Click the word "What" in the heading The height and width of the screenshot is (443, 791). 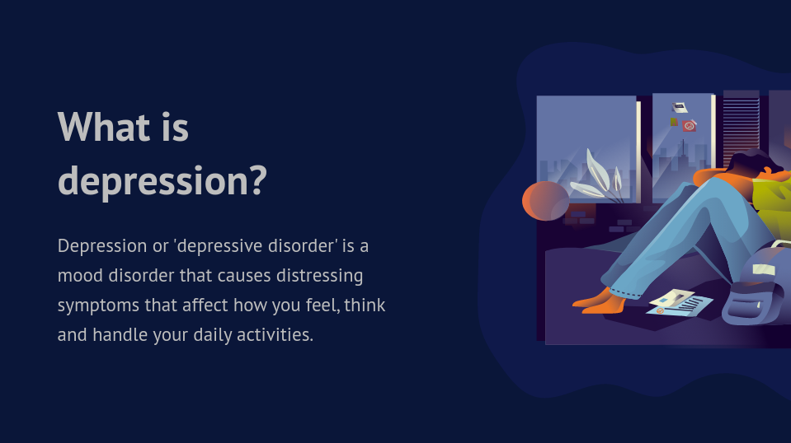[x=104, y=126]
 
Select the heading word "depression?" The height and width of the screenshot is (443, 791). [x=162, y=182]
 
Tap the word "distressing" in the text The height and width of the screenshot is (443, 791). [x=319, y=276]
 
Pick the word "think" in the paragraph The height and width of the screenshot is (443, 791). [x=365, y=305]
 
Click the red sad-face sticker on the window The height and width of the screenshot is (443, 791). [x=689, y=125]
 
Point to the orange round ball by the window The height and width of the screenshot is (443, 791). [x=546, y=201]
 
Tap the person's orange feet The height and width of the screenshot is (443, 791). [x=600, y=301]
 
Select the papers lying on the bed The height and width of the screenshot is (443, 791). [x=679, y=303]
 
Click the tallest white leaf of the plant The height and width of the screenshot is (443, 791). [x=597, y=168]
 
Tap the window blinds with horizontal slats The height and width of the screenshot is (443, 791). [x=742, y=129]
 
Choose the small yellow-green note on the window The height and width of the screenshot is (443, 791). [x=673, y=122]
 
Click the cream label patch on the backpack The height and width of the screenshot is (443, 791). [x=764, y=270]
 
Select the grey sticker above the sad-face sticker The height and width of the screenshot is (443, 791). [x=680, y=107]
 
